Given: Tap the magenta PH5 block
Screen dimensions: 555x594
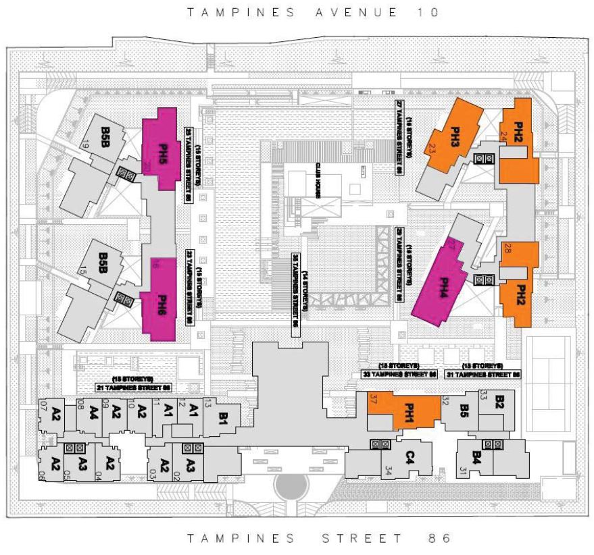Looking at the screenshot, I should [x=164, y=150].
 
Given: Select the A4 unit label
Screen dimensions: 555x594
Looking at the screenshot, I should [x=93, y=412].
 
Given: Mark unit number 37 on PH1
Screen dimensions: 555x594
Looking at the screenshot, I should [x=372, y=398].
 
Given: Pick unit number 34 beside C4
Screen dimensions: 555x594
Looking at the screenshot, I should [x=388, y=469].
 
